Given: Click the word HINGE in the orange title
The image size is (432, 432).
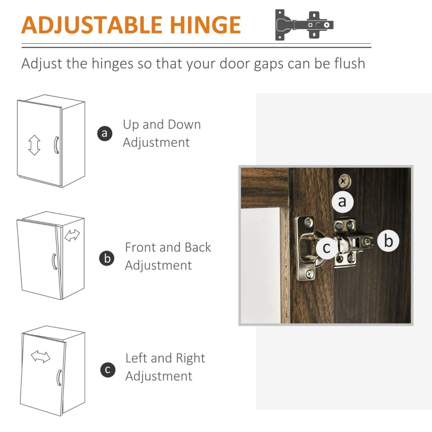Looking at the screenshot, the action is point(205,25).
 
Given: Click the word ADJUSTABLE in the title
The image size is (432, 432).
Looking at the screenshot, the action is point(92,25).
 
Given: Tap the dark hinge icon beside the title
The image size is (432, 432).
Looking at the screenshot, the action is point(304,25).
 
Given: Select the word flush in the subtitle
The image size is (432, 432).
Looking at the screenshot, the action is point(349,63).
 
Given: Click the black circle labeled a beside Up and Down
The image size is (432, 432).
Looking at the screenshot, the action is point(105,133).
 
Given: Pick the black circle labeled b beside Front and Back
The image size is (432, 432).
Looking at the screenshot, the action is point(106,259).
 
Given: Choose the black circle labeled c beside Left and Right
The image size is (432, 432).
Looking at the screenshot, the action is point(107,370).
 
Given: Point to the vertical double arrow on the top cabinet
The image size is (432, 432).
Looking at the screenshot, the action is point(34,145).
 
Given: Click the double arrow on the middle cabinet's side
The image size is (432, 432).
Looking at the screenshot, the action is point(72,235).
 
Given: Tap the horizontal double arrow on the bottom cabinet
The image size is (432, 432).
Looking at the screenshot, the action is point(40,356).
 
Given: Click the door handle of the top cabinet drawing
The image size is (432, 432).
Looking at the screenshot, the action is point(56,145).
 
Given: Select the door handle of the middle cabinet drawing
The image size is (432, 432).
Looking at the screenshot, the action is point(55,261).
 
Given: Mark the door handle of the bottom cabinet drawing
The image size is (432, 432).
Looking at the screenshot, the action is point(59,377).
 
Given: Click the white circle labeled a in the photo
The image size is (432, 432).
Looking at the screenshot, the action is point(342,201).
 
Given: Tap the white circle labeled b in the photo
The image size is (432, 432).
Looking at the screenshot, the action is point(388,240).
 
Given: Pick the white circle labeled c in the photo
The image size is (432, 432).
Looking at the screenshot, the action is point(327,248).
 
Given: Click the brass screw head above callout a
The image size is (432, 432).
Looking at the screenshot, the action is point(345,181).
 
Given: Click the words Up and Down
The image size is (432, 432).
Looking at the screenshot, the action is point(161,125).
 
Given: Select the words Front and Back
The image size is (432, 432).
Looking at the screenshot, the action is point(168,247).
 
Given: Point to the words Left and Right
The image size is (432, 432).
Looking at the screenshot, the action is point(165,359).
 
